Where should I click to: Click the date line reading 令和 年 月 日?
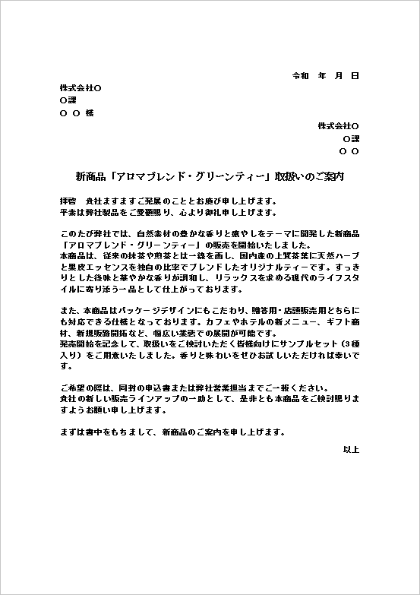pyautogui.click(x=325, y=77)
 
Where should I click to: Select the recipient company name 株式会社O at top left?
pyautogui.click(x=81, y=88)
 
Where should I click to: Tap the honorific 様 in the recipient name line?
pyautogui.click(x=90, y=112)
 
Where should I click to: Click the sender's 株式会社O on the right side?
pyautogui.click(x=338, y=125)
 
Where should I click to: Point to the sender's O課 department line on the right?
pyautogui.click(x=351, y=138)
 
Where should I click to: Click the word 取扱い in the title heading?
pyautogui.click(x=289, y=176)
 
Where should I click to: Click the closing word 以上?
pyautogui.click(x=351, y=450)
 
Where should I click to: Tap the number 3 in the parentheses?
pyautogui.click(x=345, y=343)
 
